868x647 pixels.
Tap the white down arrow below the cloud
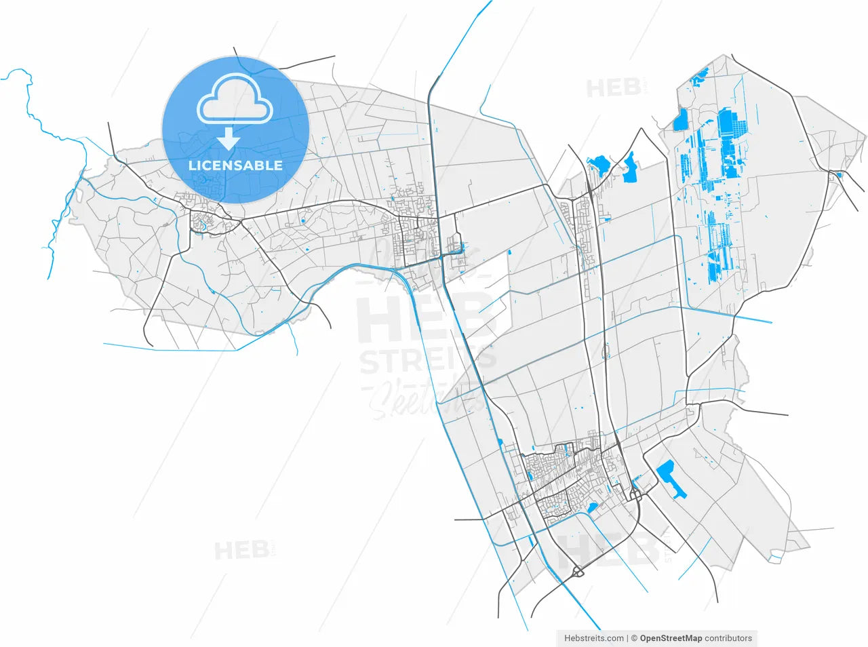pyautogui.click(x=229, y=139)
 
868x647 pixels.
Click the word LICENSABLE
pyautogui.click(x=235, y=165)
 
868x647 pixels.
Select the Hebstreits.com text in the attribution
pyautogui.click(x=594, y=638)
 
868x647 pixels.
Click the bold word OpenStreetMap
pyautogui.click(x=671, y=638)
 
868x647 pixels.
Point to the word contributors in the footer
pyautogui.click(x=728, y=638)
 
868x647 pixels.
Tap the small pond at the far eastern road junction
pyautogui.click(x=839, y=176)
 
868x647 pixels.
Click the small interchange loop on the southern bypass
pyautogui.click(x=578, y=572)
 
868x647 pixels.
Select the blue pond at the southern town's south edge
pyautogui.click(x=591, y=507)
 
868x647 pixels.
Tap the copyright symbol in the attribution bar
pyautogui.click(x=633, y=638)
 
